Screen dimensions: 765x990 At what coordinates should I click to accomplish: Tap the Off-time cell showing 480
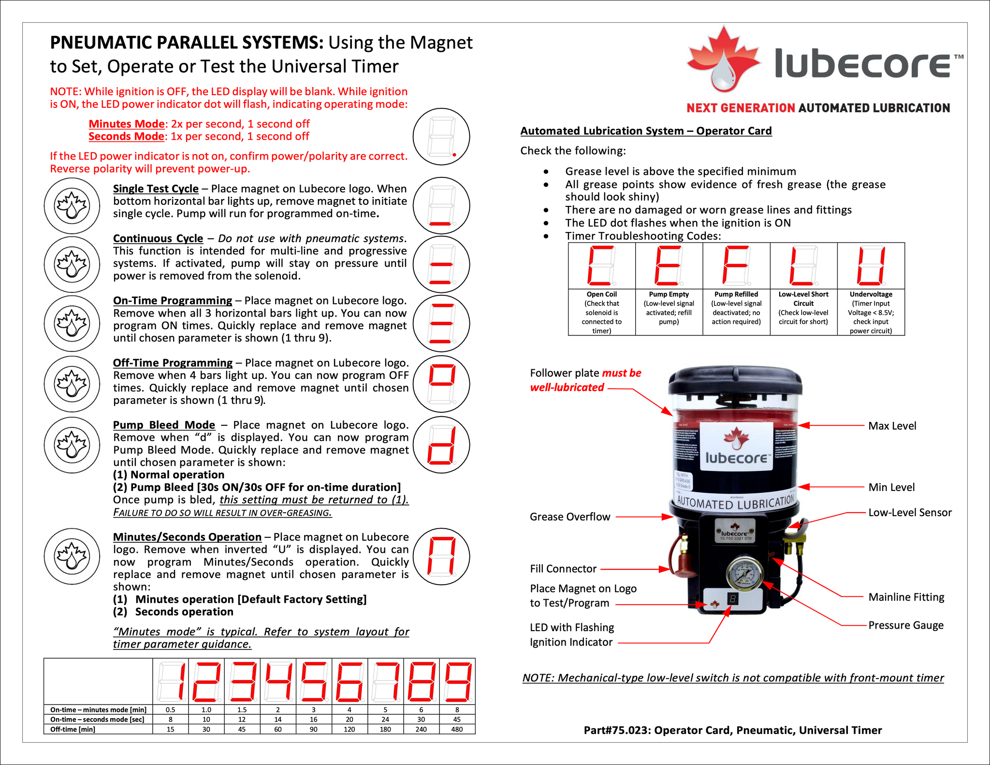457,729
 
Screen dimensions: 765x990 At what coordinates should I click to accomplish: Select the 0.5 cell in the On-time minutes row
170,710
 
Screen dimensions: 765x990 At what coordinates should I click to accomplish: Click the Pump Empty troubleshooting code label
669,294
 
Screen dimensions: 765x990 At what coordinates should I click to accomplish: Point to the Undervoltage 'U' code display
871,266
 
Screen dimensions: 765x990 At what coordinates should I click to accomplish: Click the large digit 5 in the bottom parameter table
314,682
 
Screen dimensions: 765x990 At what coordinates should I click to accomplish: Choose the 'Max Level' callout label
892,426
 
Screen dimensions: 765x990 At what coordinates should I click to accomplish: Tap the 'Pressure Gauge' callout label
906,625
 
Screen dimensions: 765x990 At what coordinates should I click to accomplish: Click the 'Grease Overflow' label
570,517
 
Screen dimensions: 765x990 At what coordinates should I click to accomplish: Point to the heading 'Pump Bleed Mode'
164,425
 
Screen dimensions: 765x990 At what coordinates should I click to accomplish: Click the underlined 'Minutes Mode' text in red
127,124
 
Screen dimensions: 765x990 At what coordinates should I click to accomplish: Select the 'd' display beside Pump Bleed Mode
441,445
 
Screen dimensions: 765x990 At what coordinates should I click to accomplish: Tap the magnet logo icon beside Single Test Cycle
72,206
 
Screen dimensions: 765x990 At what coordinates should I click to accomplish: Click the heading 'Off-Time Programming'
173,363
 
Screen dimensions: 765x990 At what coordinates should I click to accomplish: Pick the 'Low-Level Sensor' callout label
910,513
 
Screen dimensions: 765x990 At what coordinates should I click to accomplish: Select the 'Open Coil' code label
601,294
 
